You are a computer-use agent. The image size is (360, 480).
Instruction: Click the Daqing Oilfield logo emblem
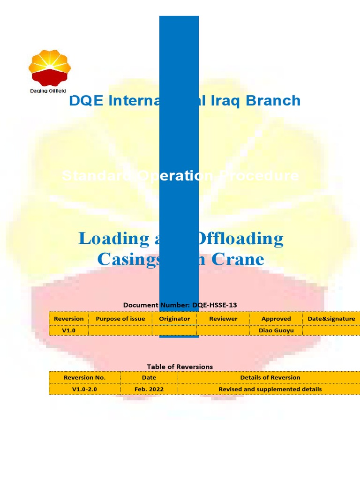[50, 67]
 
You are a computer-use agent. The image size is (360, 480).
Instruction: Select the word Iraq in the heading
[225, 100]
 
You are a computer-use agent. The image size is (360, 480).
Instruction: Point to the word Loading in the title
[113, 238]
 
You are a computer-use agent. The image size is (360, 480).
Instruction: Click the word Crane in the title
[238, 259]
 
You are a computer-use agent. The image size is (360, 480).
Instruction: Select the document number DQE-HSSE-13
[214, 305]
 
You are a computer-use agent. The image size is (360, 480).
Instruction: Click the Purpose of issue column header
[120, 319]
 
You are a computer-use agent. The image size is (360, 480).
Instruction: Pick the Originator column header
[174, 319]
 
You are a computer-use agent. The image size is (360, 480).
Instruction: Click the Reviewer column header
[223, 319]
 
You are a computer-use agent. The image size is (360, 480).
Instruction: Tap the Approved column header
[276, 319]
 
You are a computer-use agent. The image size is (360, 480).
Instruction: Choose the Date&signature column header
[331, 319]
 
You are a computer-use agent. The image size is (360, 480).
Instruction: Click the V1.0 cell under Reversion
[69, 330]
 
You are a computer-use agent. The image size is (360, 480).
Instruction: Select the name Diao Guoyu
[276, 330]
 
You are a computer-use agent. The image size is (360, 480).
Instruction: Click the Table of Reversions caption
[180, 367]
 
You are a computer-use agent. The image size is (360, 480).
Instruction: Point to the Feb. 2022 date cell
[149, 389]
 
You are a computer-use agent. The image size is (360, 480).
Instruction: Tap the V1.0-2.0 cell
[84, 389]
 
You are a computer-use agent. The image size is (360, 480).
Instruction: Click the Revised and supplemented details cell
[270, 389]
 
